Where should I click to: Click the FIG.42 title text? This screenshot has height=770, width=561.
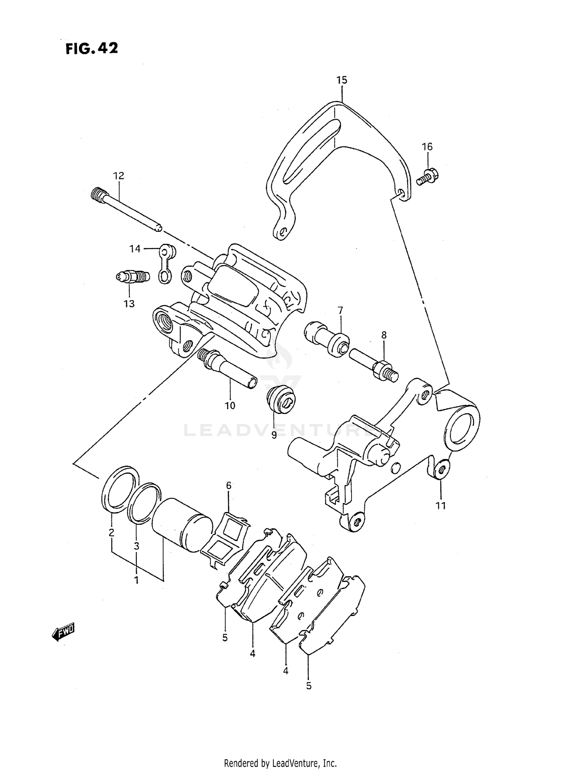pyautogui.click(x=92, y=48)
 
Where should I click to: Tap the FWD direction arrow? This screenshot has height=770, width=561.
pyautogui.click(x=64, y=632)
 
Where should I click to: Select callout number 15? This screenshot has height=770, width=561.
pyautogui.click(x=341, y=80)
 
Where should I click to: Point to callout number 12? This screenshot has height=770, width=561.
pyautogui.click(x=119, y=176)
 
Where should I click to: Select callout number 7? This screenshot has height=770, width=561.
pyautogui.click(x=340, y=310)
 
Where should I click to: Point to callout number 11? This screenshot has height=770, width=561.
pyautogui.click(x=441, y=506)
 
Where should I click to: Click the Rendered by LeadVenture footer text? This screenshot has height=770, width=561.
pyautogui.click(x=280, y=763)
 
